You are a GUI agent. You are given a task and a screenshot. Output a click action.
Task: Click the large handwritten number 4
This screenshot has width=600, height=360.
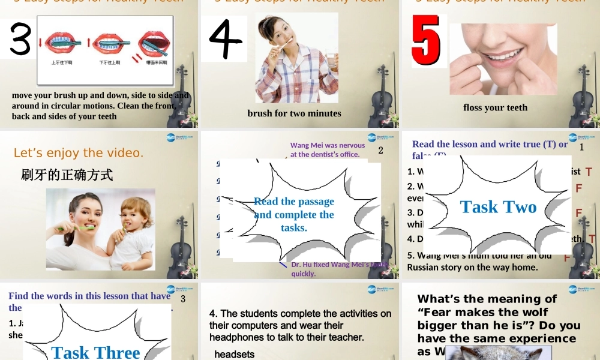[224, 38]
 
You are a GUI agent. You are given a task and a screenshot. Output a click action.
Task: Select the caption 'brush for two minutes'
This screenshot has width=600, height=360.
[294, 113]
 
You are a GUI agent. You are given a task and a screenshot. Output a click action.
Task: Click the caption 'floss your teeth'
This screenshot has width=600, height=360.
[495, 107]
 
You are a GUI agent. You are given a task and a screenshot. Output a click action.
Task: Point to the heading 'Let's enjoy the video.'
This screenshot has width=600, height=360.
[79, 153]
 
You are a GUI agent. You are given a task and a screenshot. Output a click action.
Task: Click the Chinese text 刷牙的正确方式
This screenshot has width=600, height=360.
[67, 175]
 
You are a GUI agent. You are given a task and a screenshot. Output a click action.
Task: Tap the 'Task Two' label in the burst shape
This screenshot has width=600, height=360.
[498, 207]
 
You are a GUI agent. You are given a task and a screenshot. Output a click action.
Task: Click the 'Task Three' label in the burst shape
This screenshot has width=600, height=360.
[96, 352]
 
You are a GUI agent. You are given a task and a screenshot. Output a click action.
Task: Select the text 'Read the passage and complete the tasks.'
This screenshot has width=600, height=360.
[294, 214]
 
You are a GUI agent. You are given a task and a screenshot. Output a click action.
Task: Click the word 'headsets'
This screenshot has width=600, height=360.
[234, 355]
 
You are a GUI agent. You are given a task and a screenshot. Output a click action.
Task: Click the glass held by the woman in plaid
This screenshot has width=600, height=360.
[331, 61]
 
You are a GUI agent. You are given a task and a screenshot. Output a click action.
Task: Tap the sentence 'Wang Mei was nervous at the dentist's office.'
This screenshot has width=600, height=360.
[327, 149]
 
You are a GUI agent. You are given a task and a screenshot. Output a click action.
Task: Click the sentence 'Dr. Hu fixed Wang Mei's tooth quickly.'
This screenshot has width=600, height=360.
[336, 269]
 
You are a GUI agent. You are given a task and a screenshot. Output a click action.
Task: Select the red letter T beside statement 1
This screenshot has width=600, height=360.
[589, 172]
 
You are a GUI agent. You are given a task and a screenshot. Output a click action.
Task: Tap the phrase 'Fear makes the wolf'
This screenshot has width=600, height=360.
[483, 312]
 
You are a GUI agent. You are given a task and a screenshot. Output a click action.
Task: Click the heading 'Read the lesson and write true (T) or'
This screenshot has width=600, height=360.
[490, 144]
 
